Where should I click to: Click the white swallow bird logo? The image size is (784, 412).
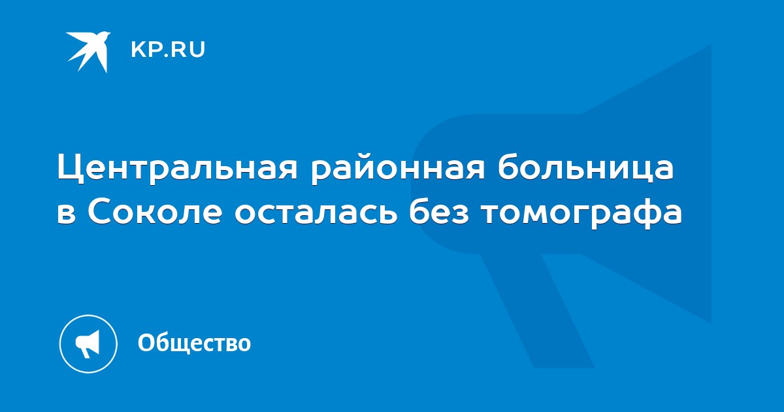(x=88, y=52)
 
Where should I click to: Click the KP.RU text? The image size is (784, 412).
(x=168, y=50)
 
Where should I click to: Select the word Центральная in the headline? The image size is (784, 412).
(x=178, y=168)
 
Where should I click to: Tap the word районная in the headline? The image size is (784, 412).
(x=398, y=169)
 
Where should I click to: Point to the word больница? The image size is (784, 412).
(x=585, y=167)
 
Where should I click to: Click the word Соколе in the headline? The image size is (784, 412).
(x=155, y=212)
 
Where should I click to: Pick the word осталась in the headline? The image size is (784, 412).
(x=316, y=213)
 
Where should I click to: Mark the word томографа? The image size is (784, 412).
(x=582, y=214)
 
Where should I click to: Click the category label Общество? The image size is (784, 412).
(x=194, y=342)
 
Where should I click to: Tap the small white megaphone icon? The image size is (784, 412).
(x=88, y=344)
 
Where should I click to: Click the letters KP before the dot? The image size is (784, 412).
(x=145, y=50)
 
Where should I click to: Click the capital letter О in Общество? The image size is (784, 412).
(x=146, y=342)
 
